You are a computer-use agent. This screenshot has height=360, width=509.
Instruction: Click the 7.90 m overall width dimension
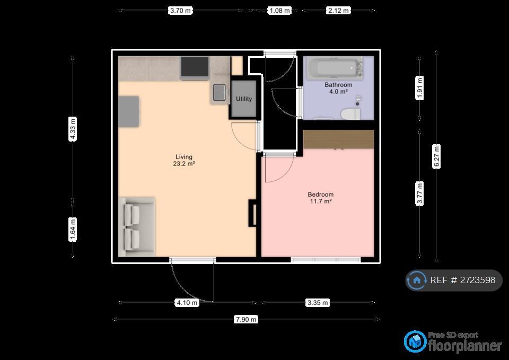(245, 320)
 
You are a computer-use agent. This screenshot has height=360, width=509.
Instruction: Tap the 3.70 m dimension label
(180, 11)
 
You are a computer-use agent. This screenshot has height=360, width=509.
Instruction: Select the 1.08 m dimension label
(279, 11)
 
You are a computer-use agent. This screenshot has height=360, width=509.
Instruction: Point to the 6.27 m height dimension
(436, 156)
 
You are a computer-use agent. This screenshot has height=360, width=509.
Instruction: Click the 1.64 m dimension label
(73, 230)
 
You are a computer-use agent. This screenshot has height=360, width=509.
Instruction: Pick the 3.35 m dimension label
(318, 303)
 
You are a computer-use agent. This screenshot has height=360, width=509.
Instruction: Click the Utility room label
(244, 99)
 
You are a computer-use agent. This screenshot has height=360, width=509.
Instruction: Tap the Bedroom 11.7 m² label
(321, 198)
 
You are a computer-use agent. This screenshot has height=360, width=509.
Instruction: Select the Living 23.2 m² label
(184, 160)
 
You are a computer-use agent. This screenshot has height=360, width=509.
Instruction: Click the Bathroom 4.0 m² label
(338, 89)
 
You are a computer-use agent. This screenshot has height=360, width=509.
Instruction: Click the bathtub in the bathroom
(335, 68)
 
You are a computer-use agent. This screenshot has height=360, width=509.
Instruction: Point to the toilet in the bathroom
(350, 115)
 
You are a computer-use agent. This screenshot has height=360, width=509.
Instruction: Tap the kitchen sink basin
(220, 92)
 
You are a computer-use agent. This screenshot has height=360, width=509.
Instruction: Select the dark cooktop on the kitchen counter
(195, 67)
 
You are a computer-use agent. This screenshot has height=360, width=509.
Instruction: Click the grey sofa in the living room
(137, 226)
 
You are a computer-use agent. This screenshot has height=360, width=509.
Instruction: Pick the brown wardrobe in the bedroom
(338, 139)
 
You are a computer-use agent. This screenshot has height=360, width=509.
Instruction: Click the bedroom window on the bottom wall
(326, 259)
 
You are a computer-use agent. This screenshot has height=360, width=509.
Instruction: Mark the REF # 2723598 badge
(454, 280)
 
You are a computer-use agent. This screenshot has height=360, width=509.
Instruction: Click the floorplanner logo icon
(415, 341)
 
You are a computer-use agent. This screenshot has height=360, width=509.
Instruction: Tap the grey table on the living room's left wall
(129, 111)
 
